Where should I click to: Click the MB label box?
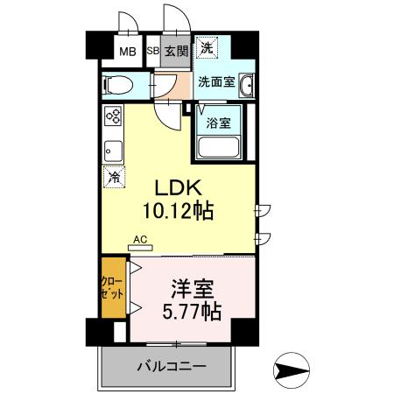[x=128, y=50]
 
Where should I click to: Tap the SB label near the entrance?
[x=152, y=51]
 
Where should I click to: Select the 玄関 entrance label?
[x=176, y=51]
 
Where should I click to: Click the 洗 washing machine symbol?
[x=207, y=47]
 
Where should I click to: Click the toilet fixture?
[x=116, y=85]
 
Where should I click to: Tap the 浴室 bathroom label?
[x=218, y=123]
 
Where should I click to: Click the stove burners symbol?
[x=113, y=117]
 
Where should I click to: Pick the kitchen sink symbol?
[x=113, y=148]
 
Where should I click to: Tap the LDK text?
[x=179, y=189]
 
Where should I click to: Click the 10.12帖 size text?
[x=180, y=211]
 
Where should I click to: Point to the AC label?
[x=140, y=238]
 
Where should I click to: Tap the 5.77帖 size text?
[x=190, y=311]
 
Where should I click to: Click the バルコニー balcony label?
[x=171, y=365]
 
